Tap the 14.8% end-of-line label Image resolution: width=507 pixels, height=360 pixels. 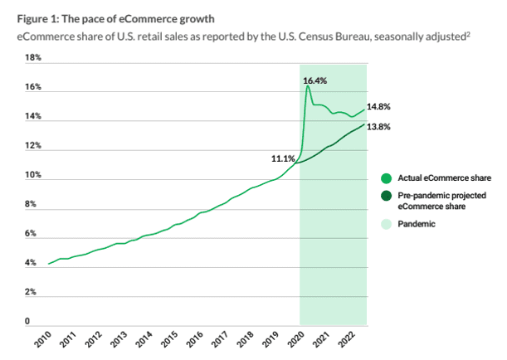[378, 107]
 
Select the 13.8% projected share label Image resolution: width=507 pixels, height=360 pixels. [378, 127]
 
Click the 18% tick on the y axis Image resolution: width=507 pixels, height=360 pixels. [32, 59]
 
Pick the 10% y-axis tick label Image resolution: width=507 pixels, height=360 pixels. [32, 176]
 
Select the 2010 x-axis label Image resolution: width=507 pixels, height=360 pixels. [42, 339]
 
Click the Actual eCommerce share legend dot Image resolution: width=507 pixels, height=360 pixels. [387, 178]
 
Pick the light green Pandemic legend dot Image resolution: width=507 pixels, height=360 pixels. [387, 224]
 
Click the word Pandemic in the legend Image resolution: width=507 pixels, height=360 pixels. [419, 224]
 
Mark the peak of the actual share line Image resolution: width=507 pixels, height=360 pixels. [307, 85]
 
